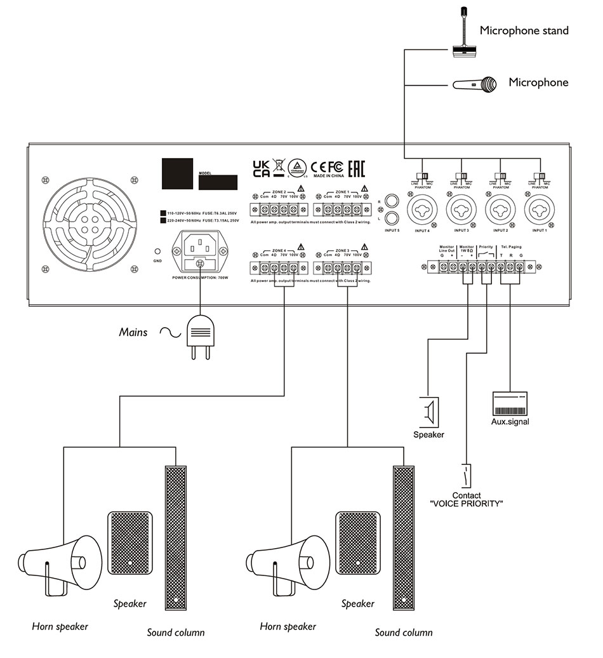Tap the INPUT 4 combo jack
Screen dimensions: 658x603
423,210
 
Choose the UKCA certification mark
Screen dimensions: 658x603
261,168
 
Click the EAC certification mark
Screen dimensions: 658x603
358,168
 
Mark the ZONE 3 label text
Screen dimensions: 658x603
342,250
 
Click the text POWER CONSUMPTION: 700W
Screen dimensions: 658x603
200,278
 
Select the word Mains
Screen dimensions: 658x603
133,332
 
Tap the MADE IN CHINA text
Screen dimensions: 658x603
328,177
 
